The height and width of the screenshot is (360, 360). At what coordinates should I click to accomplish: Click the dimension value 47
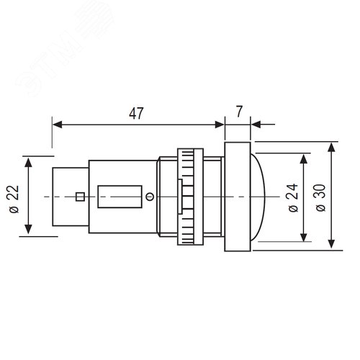coord(136,113)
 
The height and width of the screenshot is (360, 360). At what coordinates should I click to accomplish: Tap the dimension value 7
coord(239,112)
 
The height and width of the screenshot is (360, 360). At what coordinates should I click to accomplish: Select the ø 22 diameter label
coord(14,199)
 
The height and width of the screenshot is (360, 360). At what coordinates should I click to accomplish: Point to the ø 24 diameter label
coord(293,198)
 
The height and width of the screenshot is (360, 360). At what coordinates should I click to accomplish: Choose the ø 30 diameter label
coord(320,198)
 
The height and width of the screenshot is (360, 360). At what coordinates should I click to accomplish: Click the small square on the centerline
coord(80,197)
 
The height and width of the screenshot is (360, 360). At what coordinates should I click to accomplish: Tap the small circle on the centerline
coord(150,197)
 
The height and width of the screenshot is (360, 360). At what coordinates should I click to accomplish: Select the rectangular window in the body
coord(120,197)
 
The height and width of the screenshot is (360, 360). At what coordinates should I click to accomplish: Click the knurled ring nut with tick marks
coord(190,197)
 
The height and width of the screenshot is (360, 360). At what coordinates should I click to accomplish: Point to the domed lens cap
coord(258,197)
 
